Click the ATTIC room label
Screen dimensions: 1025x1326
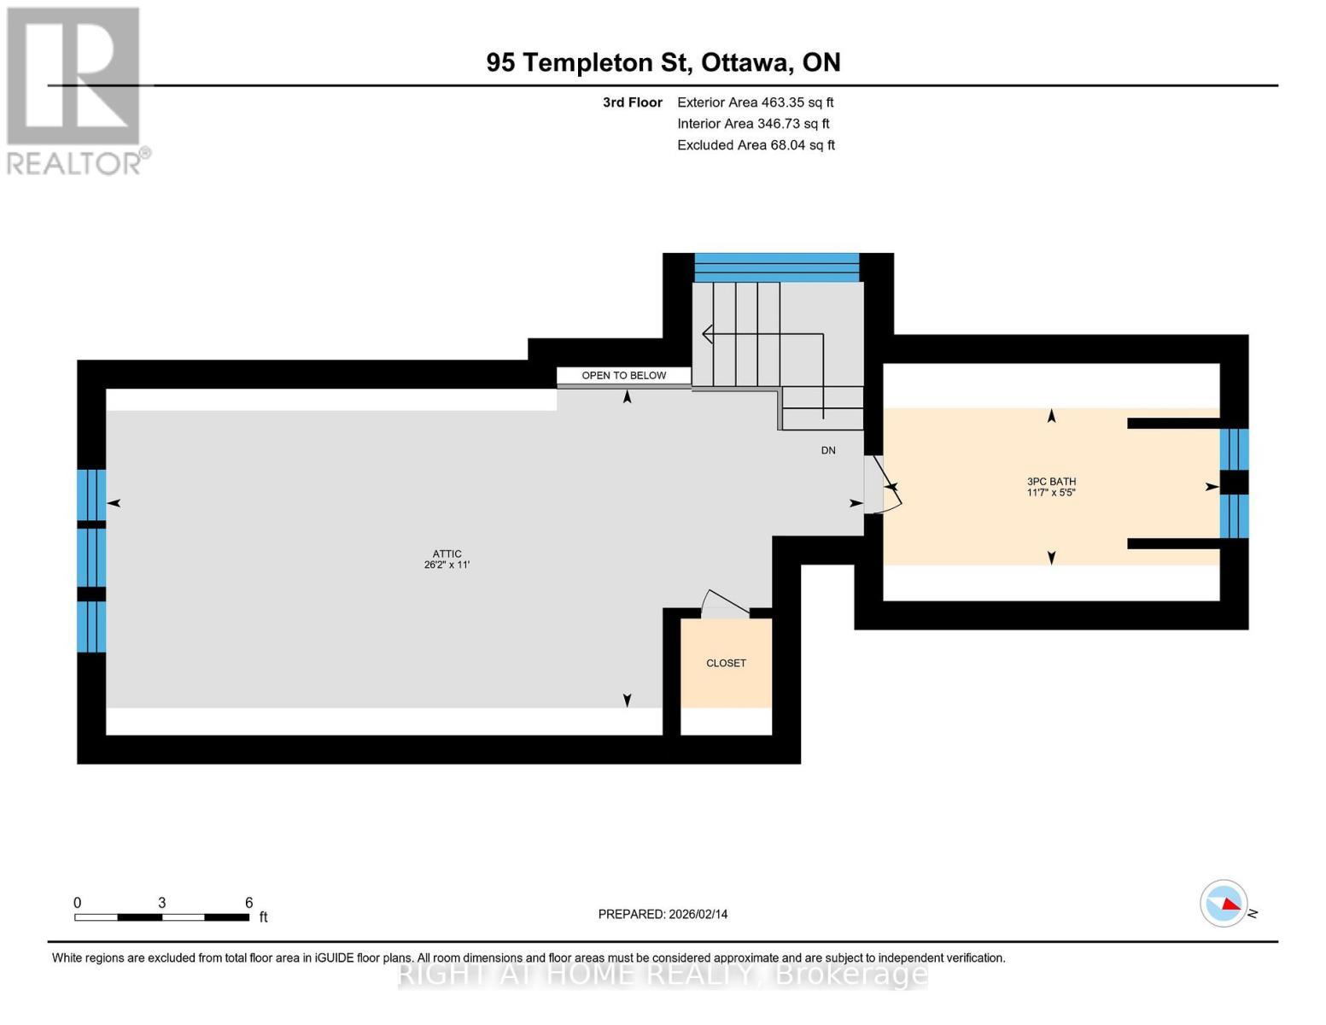pos(447,553)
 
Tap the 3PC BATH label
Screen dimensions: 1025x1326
pos(1051,482)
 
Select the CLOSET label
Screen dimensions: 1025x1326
pos(726,663)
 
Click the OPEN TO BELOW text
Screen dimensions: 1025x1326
pos(623,375)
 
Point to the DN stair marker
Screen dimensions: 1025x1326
pos(827,450)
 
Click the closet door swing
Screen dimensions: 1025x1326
pos(722,603)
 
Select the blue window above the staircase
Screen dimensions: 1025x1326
pos(776,266)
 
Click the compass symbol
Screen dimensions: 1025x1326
pos(1224,903)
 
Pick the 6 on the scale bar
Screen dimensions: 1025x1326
pos(248,902)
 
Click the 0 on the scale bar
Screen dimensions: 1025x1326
pos(78,902)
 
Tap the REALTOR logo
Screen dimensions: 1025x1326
pos(75,90)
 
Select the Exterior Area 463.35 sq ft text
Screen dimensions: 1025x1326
pos(755,102)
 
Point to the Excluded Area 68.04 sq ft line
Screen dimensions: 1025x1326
pos(756,145)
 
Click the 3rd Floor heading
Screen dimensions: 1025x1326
pos(632,102)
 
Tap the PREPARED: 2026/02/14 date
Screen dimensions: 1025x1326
pos(663,914)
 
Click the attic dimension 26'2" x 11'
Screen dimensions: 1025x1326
pos(447,565)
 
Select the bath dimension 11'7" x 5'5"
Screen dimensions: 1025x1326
pos(1051,493)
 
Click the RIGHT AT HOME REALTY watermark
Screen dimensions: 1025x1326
pos(663,974)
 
